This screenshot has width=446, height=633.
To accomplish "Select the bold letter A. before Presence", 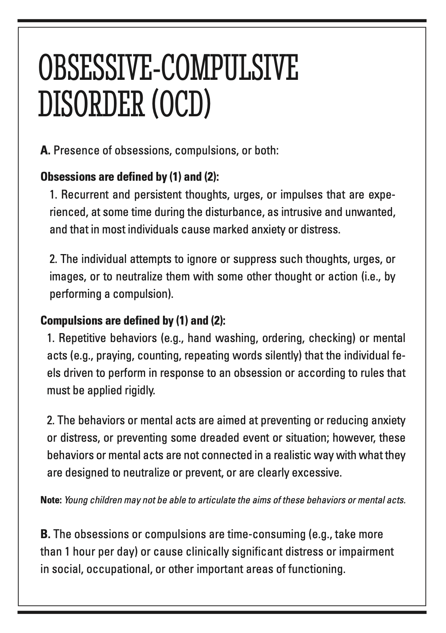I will (x=45, y=151).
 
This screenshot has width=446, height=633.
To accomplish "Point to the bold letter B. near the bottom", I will (x=45, y=534).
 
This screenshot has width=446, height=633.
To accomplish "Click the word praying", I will (x=116, y=355).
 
